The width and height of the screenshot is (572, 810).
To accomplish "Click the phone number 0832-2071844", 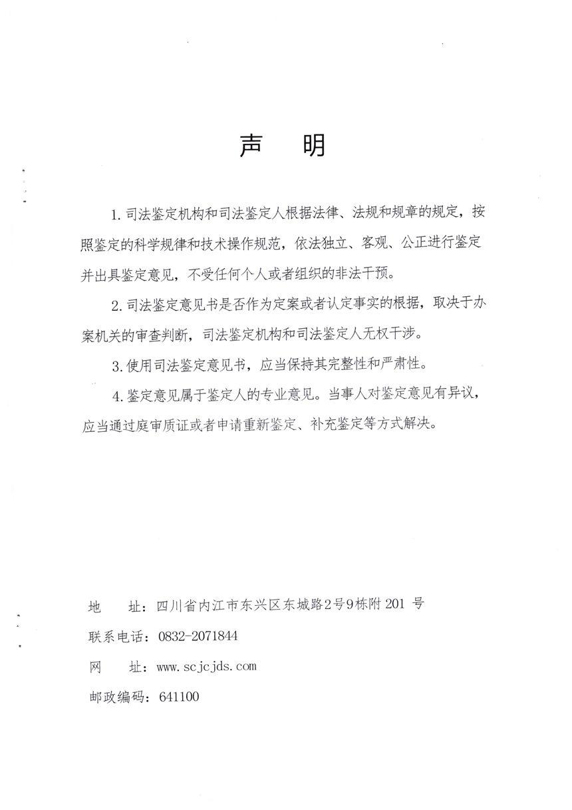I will pos(198,636).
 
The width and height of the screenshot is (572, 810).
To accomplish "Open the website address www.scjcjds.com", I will pos(206,666).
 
